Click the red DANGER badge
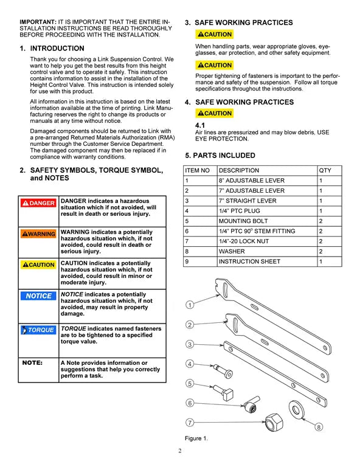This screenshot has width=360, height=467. pos(38,203)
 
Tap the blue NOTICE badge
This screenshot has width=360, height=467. pos(38,296)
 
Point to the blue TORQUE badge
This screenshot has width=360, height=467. pos(38,330)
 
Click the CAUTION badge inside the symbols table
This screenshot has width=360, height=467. pos(38,265)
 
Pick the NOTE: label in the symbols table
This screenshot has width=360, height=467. pos(32,363)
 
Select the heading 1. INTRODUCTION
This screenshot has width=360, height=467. pos(52,48)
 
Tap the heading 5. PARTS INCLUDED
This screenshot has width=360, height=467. pos(220,156)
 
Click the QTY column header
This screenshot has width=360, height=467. pos(325,171)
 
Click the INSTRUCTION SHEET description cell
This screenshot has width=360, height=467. pos(249,261)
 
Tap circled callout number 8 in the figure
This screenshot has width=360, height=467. pos(318,427)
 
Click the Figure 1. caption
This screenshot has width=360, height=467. pos(196,438)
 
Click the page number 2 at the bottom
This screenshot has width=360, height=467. pos(180,451)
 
